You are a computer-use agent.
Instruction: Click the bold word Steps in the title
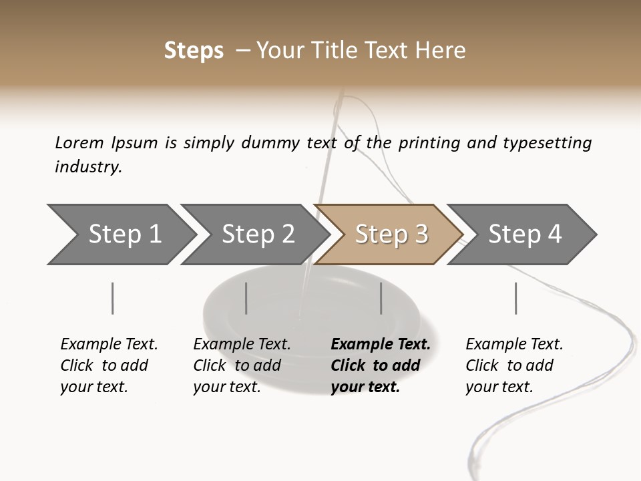[194, 51]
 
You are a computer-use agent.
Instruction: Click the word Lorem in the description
[79, 142]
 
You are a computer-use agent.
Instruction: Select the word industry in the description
[88, 166]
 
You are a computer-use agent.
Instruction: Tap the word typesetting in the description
[547, 143]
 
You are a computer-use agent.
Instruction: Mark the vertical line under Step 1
[113, 298]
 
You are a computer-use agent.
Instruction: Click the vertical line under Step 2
[246, 298]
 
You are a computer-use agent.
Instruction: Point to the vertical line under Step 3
[381, 298]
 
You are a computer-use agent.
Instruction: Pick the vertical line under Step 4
[515, 298]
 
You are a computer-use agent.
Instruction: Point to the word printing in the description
[430, 143]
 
